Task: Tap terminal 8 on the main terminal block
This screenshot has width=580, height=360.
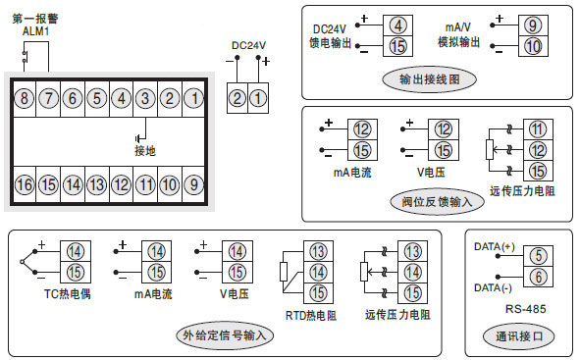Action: tap(24, 98)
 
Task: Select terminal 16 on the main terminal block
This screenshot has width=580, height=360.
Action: tap(24, 184)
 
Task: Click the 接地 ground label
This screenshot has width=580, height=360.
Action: tap(144, 150)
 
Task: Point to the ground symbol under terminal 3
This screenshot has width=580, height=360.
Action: tap(141, 134)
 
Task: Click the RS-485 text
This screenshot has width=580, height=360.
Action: tap(519, 308)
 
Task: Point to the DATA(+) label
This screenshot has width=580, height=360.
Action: tap(494, 245)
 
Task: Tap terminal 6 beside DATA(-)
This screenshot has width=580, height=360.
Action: tap(537, 278)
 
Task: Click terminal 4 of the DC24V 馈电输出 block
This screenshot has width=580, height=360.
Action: tap(396, 25)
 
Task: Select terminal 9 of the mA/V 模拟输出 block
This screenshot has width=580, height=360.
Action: tap(530, 25)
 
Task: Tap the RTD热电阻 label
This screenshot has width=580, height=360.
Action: tap(310, 315)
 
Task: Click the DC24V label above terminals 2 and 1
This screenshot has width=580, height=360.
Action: tap(248, 45)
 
